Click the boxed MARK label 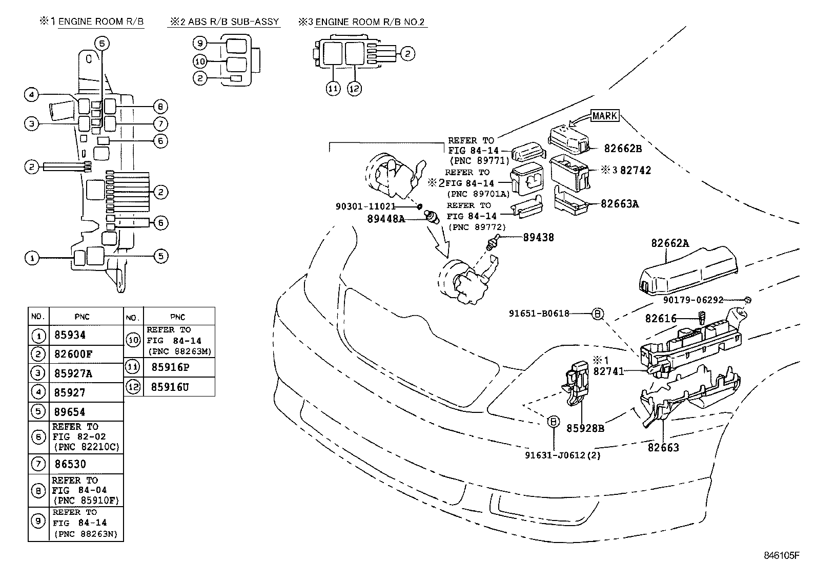point(605,116)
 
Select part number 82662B point(623,149)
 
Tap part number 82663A point(620,204)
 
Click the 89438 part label point(538,238)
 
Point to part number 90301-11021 point(365,206)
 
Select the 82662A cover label point(670,243)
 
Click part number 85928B point(585,428)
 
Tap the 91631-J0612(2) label point(563,455)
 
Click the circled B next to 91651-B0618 point(598,314)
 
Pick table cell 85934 point(70,336)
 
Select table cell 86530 point(70,464)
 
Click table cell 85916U point(170,387)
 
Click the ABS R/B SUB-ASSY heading point(233,22)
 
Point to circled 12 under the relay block point(354,88)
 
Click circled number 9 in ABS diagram point(200,44)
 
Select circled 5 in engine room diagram point(161,256)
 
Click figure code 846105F point(781,555)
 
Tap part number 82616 point(661,319)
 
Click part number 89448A point(385,219)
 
